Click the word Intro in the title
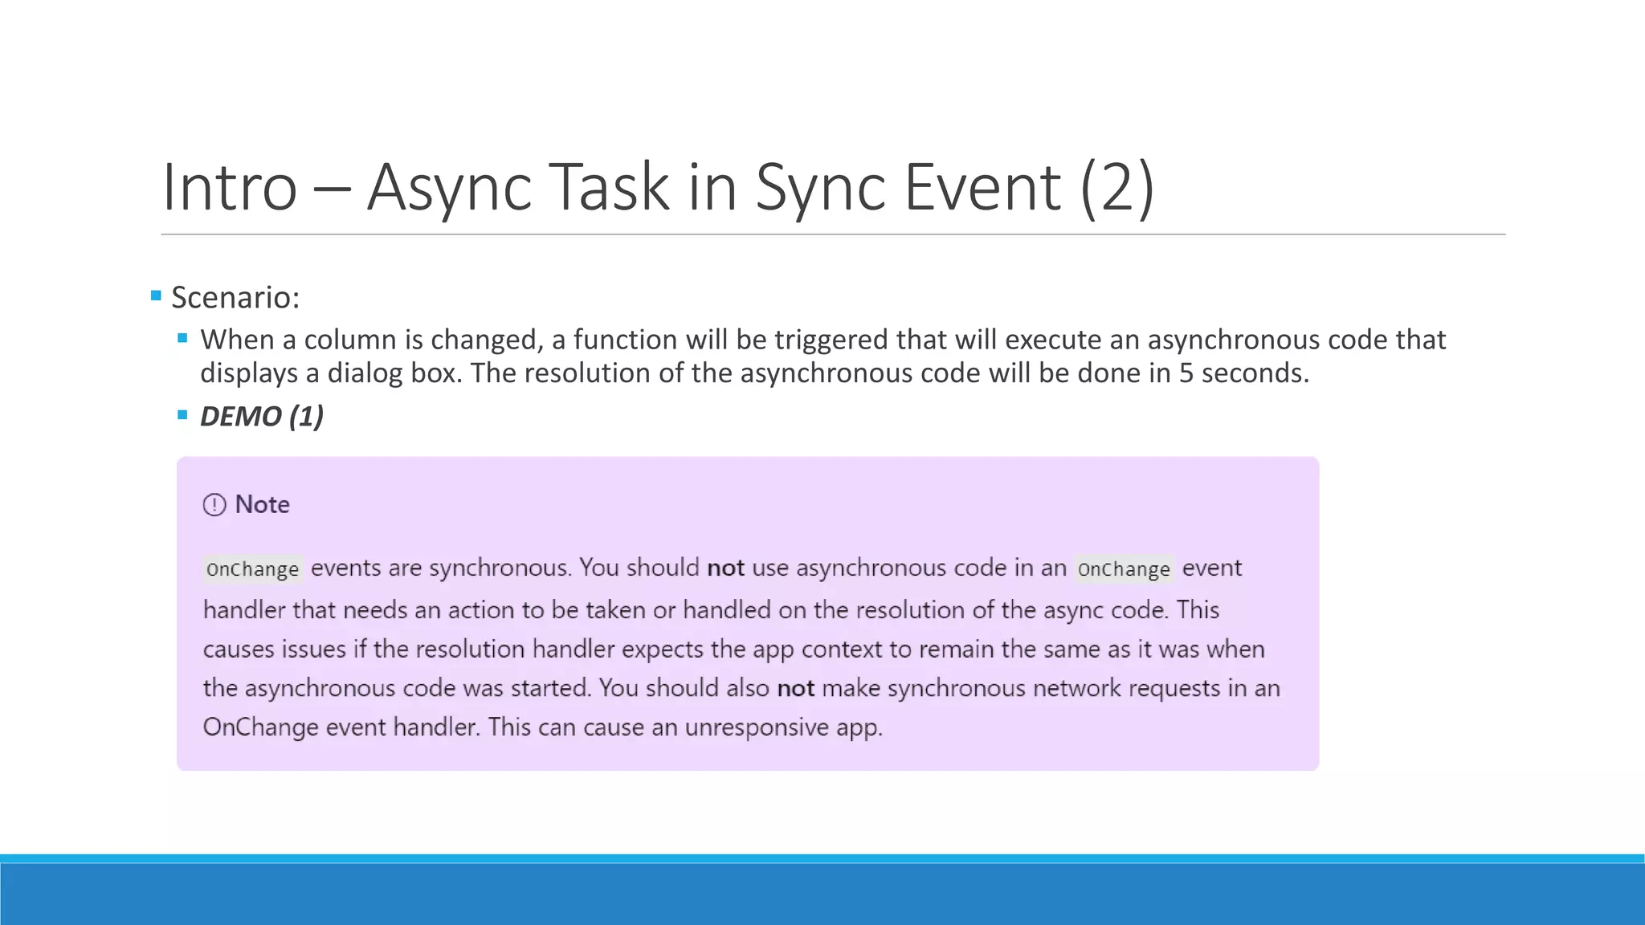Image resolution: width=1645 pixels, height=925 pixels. tap(231, 187)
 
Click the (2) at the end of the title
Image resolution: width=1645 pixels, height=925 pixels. tap(1117, 187)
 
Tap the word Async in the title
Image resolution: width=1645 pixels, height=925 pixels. tap(449, 187)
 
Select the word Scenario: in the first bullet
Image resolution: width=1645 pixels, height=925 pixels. tap(235, 297)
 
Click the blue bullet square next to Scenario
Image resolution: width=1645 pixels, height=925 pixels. tap(156, 295)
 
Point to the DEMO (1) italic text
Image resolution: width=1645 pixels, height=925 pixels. tap(262, 416)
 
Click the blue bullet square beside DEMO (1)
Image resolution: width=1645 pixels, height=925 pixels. tap(182, 415)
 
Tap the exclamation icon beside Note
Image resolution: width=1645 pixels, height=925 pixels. tap(214, 505)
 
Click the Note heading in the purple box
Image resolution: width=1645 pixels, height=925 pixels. tap(262, 504)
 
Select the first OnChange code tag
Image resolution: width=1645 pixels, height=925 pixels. tap(252, 569)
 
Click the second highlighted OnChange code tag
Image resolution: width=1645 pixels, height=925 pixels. tap(1124, 569)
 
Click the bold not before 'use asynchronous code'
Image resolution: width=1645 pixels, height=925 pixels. tap(725, 568)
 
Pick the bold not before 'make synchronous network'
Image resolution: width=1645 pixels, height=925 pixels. tap(795, 688)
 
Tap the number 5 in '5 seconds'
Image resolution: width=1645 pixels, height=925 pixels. tap(1186, 373)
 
